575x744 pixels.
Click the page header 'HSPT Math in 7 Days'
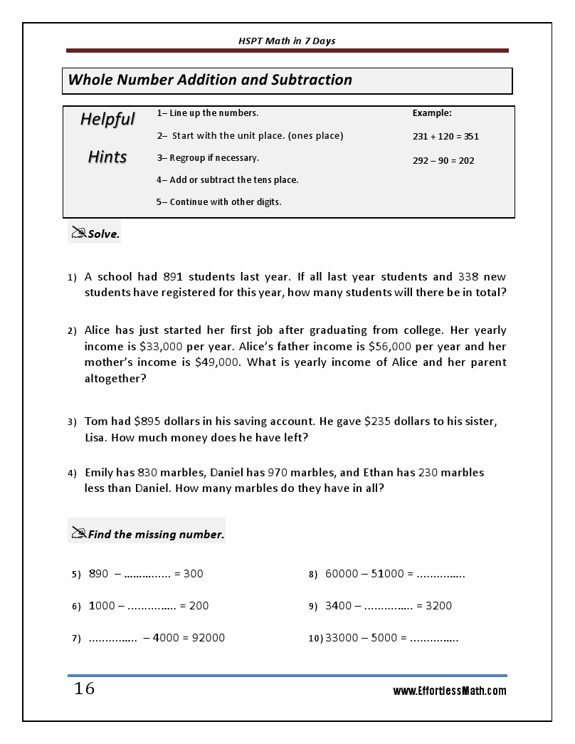click(x=287, y=41)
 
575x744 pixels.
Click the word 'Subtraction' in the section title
click(x=312, y=80)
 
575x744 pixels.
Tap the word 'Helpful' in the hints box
click(x=107, y=119)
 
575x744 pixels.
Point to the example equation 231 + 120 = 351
click(x=445, y=136)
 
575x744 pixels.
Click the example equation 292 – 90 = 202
click(x=443, y=160)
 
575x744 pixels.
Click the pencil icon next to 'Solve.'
click(x=78, y=232)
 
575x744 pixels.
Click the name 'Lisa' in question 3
click(x=97, y=438)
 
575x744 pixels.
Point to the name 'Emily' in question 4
click(x=101, y=473)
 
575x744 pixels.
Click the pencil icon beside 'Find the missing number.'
click(x=78, y=533)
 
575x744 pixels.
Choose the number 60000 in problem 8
click(x=342, y=574)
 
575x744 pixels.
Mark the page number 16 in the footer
click(x=84, y=689)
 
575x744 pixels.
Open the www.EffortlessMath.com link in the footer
click(x=450, y=691)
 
